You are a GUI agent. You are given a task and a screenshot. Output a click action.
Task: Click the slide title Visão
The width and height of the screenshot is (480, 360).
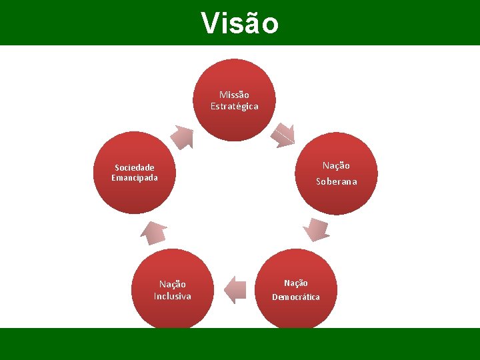(240, 23)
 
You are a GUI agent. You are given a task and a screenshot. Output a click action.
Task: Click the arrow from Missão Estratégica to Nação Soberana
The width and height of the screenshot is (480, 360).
(283, 135)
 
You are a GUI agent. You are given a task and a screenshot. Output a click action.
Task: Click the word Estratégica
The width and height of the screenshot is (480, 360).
(234, 107)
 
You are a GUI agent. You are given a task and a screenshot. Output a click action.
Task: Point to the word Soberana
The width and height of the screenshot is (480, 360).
(336, 181)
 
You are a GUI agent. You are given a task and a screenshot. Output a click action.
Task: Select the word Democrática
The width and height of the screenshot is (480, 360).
(295, 297)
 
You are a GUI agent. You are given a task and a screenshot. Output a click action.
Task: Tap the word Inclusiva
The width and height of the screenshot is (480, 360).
(172, 296)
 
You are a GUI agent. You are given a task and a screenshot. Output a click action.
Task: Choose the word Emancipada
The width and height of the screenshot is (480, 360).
(135, 178)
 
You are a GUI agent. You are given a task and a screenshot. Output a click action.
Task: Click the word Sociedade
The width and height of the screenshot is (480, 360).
(135, 167)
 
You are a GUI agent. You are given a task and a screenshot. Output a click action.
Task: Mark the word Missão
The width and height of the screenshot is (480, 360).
(234, 95)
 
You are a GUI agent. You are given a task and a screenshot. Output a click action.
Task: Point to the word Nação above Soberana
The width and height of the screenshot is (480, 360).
(336, 165)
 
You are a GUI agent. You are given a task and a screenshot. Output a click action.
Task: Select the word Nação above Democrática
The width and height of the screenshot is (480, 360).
(295, 283)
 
